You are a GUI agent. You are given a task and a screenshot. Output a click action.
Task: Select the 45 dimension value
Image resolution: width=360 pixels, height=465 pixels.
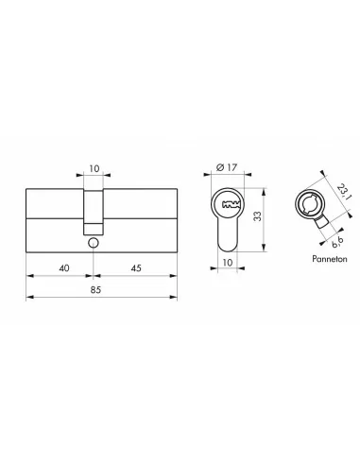(x=138, y=267)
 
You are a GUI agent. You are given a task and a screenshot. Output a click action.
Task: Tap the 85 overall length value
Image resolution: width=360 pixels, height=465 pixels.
(x=98, y=289)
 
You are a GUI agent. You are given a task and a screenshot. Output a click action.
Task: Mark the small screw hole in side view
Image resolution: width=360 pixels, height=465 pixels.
(x=94, y=243)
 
